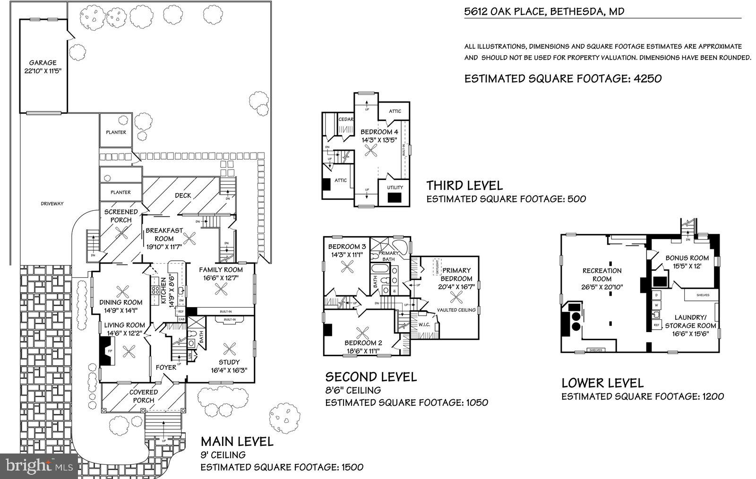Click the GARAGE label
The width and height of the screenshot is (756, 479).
[x=43, y=62]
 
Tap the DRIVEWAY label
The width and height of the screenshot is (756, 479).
[x=52, y=204]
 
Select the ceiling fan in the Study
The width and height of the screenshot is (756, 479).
[x=230, y=350]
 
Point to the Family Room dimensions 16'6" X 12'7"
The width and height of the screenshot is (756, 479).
[x=220, y=278]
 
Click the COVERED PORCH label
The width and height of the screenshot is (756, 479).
[x=144, y=396]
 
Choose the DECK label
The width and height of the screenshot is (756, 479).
[x=182, y=196]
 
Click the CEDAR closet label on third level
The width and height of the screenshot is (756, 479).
[x=346, y=120]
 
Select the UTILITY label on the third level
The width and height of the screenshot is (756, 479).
[x=395, y=188]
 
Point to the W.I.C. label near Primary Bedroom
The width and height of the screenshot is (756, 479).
[x=424, y=325]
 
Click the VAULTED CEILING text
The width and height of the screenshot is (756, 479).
[x=456, y=310]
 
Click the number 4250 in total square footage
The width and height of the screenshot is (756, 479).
[x=647, y=78]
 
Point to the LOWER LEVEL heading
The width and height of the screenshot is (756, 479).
[x=602, y=383]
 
